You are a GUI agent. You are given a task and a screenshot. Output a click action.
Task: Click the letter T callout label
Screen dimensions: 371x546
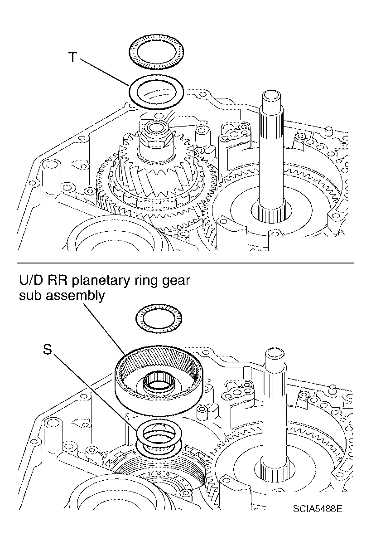pos(72,57)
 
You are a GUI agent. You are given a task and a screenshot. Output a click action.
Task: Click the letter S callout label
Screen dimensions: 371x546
pos(48,349)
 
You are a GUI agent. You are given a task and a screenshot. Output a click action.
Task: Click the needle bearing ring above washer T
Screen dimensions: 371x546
pos(156,52)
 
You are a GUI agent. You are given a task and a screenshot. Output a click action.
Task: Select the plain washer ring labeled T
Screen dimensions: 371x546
pos(156,93)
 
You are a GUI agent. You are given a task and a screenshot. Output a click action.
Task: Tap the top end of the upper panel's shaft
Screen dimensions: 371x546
pos(272,95)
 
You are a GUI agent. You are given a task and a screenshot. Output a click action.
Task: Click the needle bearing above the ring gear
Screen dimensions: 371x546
pos(159,318)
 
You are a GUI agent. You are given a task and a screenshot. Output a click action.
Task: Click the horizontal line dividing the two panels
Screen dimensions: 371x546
pos(185,263)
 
